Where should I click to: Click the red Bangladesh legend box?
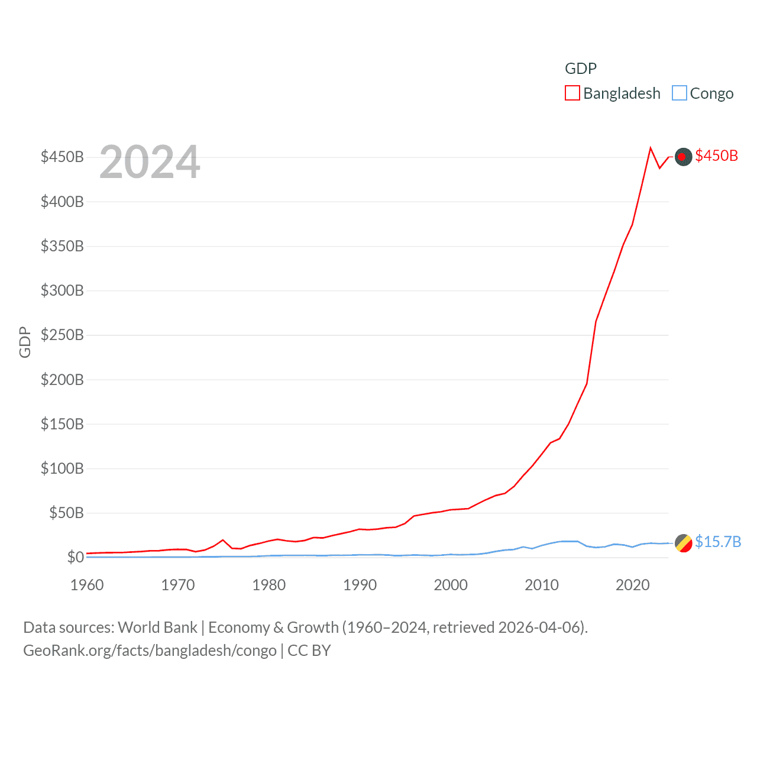[572, 93]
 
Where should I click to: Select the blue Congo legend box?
[680, 93]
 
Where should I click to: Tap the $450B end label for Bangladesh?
[716, 156]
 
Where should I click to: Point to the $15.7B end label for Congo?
[717, 542]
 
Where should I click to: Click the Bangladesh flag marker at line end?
[683, 157]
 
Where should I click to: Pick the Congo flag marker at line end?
[683, 543]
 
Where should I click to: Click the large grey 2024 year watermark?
[150, 162]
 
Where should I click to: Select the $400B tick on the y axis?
[62, 202]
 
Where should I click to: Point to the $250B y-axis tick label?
[62, 335]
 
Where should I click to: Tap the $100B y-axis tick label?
[62, 469]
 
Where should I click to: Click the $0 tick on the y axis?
[75, 557]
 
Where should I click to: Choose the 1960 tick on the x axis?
[87, 585]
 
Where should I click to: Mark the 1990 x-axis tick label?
[360, 585]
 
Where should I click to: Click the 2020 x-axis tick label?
[632, 585]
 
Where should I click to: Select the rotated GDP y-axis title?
[25, 342]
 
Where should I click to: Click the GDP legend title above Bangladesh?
[580, 69]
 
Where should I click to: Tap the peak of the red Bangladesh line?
[651, 148]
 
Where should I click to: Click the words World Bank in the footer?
[157, 627]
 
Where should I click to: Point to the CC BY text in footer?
[309, 651]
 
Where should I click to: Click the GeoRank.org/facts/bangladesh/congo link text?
[150, 651]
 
